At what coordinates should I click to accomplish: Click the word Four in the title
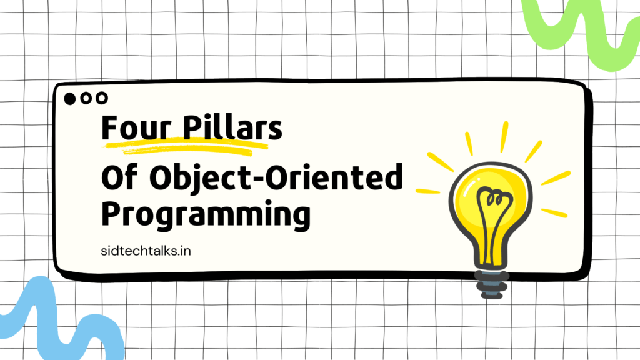tap(136, 127)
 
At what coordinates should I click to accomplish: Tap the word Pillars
tap(232, 127)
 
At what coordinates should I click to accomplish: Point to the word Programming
tap(206, 215)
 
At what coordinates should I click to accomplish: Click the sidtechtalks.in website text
tap(146, 251)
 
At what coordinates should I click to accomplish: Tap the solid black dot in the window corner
tap(70, 99)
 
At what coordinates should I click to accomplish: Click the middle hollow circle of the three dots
tap(86, 98)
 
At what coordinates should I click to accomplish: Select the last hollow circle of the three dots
tap(102, 98)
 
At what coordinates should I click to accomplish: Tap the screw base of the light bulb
tap(492, 284)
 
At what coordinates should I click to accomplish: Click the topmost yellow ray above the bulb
tap(504, 137)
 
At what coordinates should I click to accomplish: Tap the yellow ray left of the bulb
tap(427, 191)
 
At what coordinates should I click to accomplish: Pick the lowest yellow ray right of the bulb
tap(554, 213)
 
